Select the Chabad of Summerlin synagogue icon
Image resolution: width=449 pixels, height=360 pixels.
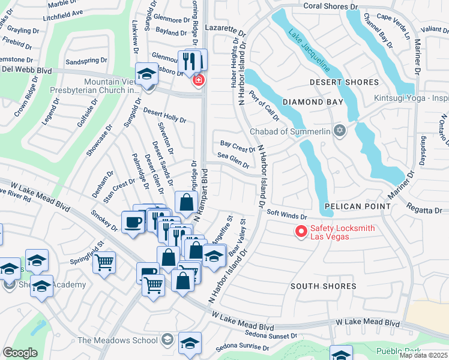coord(340,130)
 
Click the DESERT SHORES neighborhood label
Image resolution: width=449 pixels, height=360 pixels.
coord(344,82)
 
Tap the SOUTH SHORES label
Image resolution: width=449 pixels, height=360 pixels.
coord(324,286)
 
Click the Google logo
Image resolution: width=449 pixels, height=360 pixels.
coord(20,353)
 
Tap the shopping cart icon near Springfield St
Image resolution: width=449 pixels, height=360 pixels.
coord(104,262)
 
